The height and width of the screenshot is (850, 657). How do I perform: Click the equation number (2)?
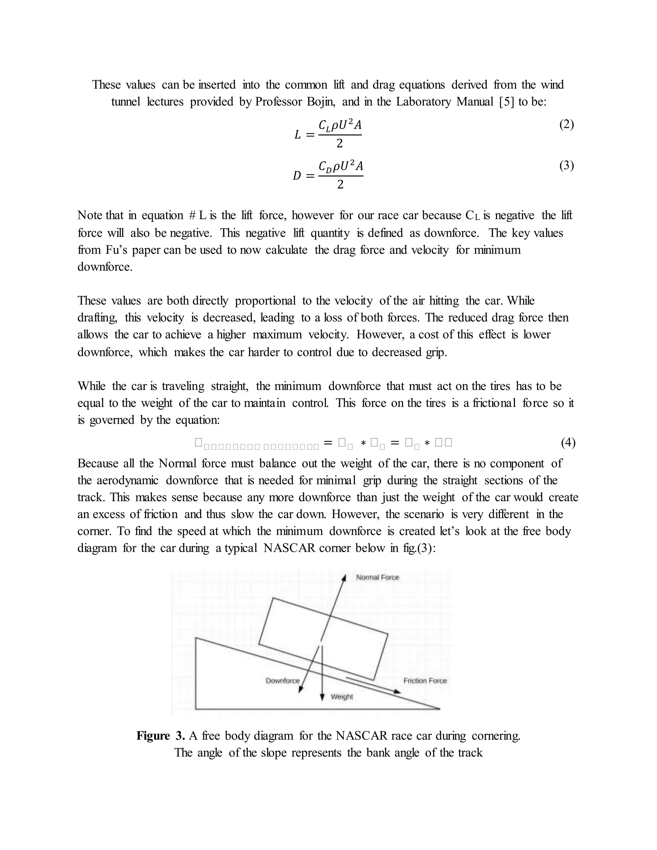click(566, 125)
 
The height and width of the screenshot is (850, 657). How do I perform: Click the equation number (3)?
click(566, 166)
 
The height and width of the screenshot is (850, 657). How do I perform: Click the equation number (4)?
click(568, 443)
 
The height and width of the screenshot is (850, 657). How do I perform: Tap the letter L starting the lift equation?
click(298, 135)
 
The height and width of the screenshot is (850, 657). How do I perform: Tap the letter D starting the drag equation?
click(297, 176)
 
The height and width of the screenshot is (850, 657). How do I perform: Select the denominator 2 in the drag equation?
click(340, 185)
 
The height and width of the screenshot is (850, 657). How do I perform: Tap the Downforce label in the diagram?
click(283, 681)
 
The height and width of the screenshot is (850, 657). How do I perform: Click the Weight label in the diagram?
click(342, 697)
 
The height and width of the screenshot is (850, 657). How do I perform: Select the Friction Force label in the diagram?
click(425, 681)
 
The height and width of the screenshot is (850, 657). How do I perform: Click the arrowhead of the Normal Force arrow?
click(344, 578)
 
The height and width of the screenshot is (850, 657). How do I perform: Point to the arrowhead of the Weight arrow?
click(322, 697)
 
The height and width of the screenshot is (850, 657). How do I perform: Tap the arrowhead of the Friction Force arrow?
click(397, 692)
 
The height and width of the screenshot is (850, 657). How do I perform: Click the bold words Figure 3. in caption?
click(160, 736)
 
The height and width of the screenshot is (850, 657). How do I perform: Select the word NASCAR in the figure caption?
click(362, 736)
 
